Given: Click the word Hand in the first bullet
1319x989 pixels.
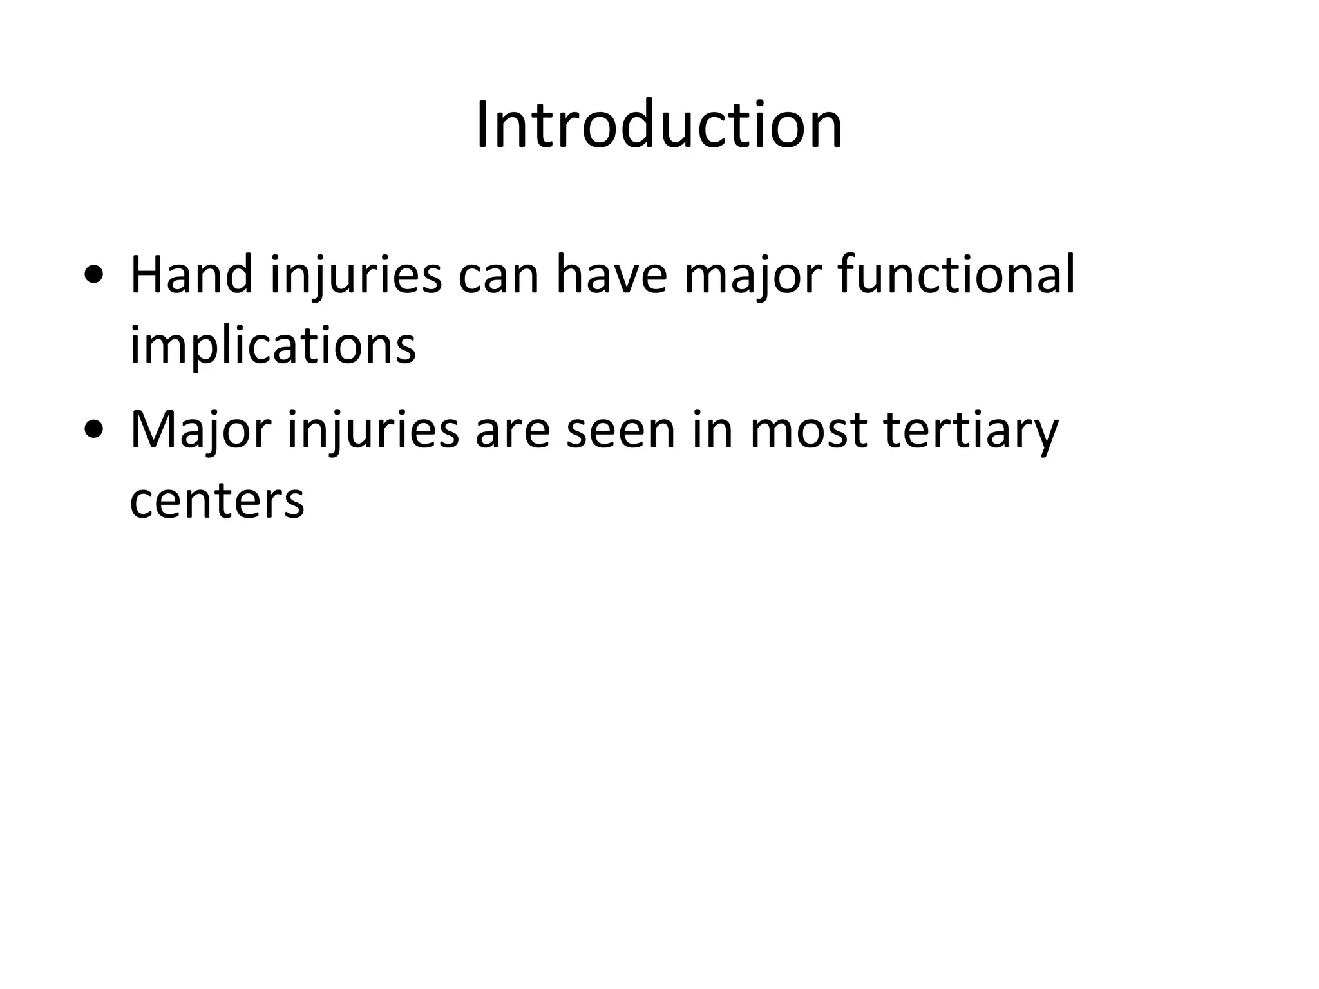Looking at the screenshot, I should [x=191, y=275].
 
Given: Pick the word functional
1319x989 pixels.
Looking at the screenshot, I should [x=956, y=275].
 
